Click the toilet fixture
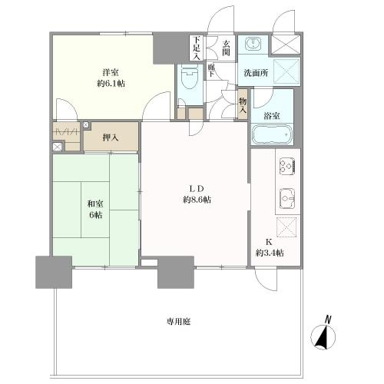[190, 76]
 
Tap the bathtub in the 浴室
[272, 134]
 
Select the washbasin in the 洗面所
[253, 44]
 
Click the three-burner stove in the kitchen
[287, 167]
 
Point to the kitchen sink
[287, 199]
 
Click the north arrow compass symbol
[323, 336]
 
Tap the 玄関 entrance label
[226, 48]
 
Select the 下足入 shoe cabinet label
[197, 48]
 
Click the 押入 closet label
[111, 137]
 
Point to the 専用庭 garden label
[179, 322]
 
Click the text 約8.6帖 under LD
[197, 200]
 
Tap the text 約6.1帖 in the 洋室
[111, 84]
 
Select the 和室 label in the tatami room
[95, 204]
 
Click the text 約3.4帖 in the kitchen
[270, 253]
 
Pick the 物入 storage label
[243, 105]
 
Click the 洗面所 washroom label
[256, 73]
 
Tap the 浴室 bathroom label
[272, 116]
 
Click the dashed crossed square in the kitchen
[286, 226]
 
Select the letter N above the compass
[328, 319]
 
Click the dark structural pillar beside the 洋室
[169, 48]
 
